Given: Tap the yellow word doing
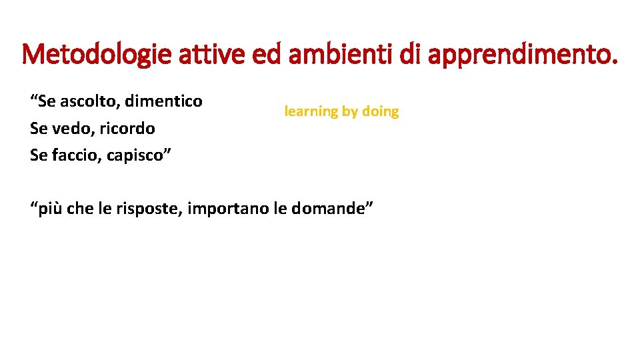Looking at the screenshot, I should tap(380, 111).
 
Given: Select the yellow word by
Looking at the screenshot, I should tap(350, 112).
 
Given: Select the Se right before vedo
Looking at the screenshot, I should tap(39, 128).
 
